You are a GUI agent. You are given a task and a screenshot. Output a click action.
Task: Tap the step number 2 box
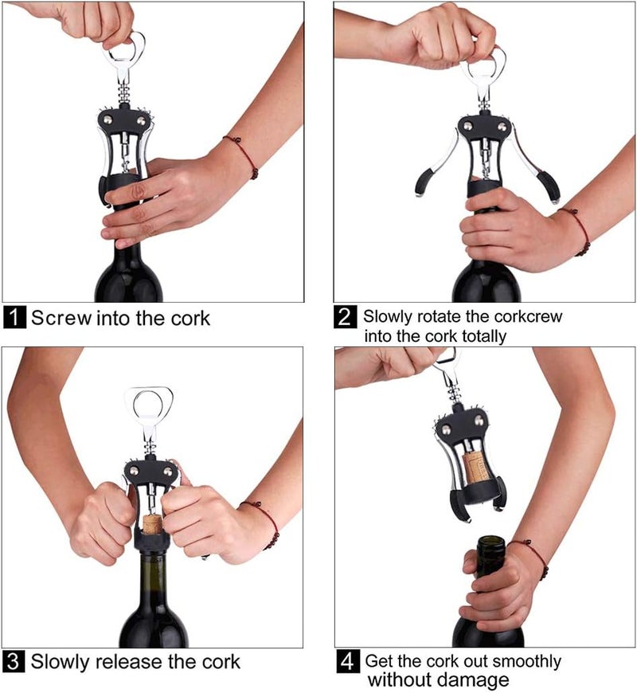coord(345,316)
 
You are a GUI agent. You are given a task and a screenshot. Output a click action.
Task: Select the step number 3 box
coord(14,661)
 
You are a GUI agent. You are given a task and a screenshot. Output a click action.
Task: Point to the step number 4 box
coord(346,661)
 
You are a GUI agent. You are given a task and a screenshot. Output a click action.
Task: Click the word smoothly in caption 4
coord(517,661)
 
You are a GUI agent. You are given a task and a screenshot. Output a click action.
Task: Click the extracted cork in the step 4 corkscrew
coord(478,468)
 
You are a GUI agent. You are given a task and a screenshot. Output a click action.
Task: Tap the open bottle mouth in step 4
coord(490,542)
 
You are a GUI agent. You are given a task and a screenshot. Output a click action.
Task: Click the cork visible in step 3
coord(151,523)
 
